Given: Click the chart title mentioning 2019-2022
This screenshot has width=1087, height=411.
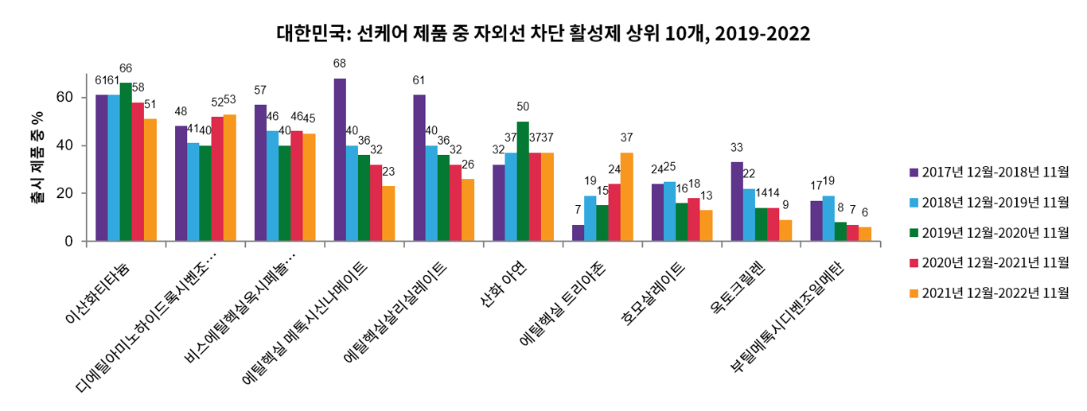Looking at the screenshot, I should click(543, 33).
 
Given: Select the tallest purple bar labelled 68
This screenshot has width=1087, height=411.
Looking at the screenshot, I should click(340, 159).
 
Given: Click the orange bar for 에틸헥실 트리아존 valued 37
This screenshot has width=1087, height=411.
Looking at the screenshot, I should click(627, 196).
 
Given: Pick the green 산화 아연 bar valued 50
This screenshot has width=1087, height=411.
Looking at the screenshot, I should click(523, 180).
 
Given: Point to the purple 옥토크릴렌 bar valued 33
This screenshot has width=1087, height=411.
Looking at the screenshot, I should click(737, 201).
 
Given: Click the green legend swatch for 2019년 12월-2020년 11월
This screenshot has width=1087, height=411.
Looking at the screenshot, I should click(914, 232).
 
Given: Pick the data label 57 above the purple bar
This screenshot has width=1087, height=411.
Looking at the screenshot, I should click(260, 90).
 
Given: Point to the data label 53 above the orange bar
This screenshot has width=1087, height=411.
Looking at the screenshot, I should click(230, 100).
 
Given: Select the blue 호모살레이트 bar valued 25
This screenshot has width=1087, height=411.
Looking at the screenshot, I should click(670, 211).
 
